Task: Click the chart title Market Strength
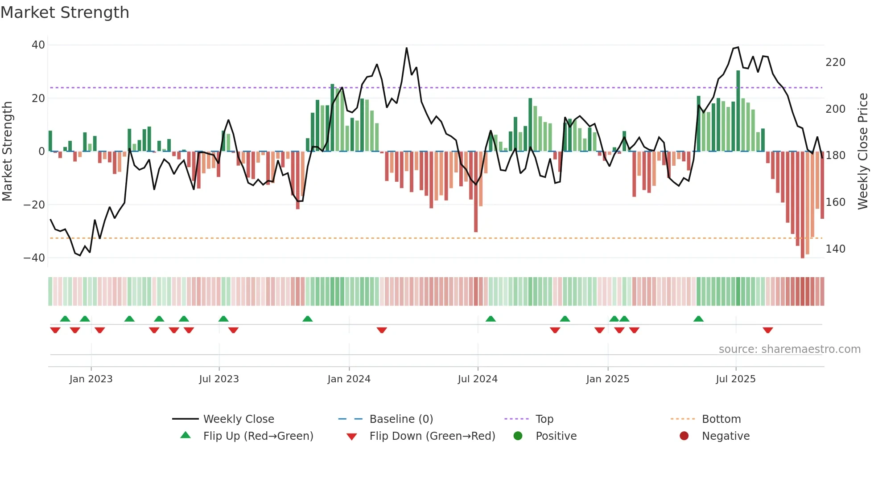65,12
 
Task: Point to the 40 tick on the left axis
38,45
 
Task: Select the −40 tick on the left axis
34,258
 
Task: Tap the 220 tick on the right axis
835,62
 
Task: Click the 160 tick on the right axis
835,202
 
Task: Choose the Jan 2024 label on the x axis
349,379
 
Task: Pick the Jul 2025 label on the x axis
735,379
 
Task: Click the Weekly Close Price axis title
863,151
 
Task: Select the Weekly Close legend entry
239,419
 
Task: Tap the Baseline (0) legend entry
401,419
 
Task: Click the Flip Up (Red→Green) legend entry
258,436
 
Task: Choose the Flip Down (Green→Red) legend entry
432,436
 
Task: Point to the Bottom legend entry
721,419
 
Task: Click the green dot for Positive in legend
518,436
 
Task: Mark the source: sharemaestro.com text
789,349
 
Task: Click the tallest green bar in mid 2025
738,111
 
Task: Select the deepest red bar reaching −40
802,205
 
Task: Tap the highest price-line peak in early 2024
407,48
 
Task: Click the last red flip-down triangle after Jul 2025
767,330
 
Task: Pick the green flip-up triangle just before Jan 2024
307,319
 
